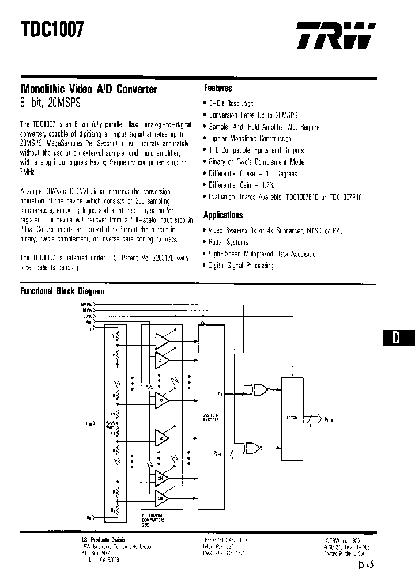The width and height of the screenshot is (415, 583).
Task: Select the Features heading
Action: coord(218,88)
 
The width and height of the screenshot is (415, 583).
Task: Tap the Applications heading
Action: coord(223,215)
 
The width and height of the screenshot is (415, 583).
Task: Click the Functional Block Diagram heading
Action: coord(62,291)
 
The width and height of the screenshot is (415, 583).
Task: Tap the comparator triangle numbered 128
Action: coord(161,438)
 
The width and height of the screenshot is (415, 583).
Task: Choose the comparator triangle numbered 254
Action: coord(161,477)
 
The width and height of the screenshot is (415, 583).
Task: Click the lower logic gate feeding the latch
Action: coord(252,447)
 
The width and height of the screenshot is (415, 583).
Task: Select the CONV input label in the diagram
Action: coord(88,316)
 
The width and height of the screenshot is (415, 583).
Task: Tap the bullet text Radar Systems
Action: coord(229,243)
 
